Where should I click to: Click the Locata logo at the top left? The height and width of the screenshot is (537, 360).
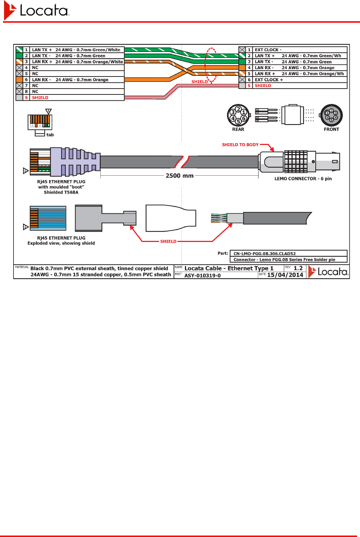tap(36, 11)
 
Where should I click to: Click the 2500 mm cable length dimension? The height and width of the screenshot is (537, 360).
tap(179, 176)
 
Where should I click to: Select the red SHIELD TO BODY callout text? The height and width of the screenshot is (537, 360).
tap(240, 145)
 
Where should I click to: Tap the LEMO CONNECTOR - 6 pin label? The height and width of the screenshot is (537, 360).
tap(303, 179)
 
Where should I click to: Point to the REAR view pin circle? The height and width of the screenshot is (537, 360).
tap(238, 115)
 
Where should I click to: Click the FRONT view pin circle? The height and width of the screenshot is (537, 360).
tap(331, 115)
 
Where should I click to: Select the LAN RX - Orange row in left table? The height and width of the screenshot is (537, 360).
tap(70, 80)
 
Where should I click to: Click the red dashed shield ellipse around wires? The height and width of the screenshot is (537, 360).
tap(211, 65)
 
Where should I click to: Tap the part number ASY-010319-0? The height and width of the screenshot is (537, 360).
tap(203, 276)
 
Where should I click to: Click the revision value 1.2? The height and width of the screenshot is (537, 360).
tap(298, 268)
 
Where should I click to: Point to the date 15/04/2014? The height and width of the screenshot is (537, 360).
tap(285, 275)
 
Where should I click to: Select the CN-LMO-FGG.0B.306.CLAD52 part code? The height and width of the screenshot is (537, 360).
tap(264, 253)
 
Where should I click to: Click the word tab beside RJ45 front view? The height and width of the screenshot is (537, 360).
tap(50, 135)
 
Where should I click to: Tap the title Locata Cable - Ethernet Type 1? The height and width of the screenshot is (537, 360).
tap(229, 268)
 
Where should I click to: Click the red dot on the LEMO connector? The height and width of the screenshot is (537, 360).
tap(313, 161)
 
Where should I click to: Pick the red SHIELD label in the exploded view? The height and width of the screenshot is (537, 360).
tap(168, 242)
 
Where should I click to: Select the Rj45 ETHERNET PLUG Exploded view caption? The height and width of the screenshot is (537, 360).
tap(61, 240)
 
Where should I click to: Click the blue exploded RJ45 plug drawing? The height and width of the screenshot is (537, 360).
tap(48, 218)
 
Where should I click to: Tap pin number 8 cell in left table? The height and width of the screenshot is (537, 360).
tap(26, 92)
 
